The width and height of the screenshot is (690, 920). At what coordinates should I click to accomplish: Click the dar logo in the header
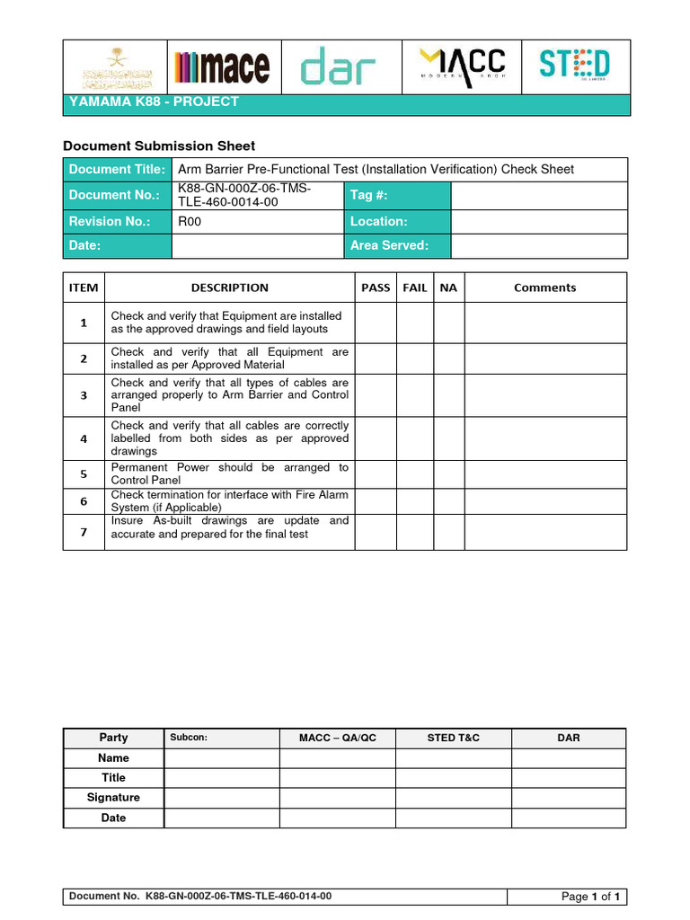pyautogui.click(x=338, y=67)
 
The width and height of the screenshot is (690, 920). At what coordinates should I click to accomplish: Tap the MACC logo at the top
pyautogui.click(x=463, y=65)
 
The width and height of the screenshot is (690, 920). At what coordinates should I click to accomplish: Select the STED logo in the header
pyautogui.click(x=574, y=65)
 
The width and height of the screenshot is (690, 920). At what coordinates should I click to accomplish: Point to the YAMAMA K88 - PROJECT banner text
pyautogui.click(x=154, y=102)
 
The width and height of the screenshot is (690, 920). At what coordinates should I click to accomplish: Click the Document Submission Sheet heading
pyautogui.click(x=158, y=146)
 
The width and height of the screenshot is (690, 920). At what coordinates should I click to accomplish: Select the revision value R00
pyautogui.click(x=190, y=221)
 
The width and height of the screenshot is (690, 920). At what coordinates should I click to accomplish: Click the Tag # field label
pyautogui.click(x=369, y=195)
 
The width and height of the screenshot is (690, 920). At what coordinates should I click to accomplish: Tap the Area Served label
pyautogui.click(x=389, y=245)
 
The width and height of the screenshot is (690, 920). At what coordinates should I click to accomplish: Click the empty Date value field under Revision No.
pyautogui.click(x=257, y=245)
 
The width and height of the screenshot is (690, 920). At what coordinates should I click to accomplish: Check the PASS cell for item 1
pyautogui.click(x=376, y=323)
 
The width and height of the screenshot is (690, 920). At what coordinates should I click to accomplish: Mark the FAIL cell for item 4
pyautogui.click(x=415, y=438)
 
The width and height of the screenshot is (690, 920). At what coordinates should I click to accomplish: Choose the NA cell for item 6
pyautogui.click(x=449, y=501)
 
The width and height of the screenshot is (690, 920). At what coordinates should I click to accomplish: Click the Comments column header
pyautogui.click(x=544, y=287)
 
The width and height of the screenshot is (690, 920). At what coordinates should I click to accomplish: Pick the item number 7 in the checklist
pyautogui.click(x=84, y=532)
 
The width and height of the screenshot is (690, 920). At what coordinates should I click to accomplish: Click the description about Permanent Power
pyautogui.click(x=229, y=473)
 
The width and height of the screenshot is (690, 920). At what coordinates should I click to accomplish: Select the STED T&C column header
pyautogui.click(x=453, y=738)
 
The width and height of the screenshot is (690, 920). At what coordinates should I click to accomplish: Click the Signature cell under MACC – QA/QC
pyautogui.click(x=337, y=798)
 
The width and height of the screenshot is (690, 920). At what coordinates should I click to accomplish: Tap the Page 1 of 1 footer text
pyautogui.click(x=591, y=897)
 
